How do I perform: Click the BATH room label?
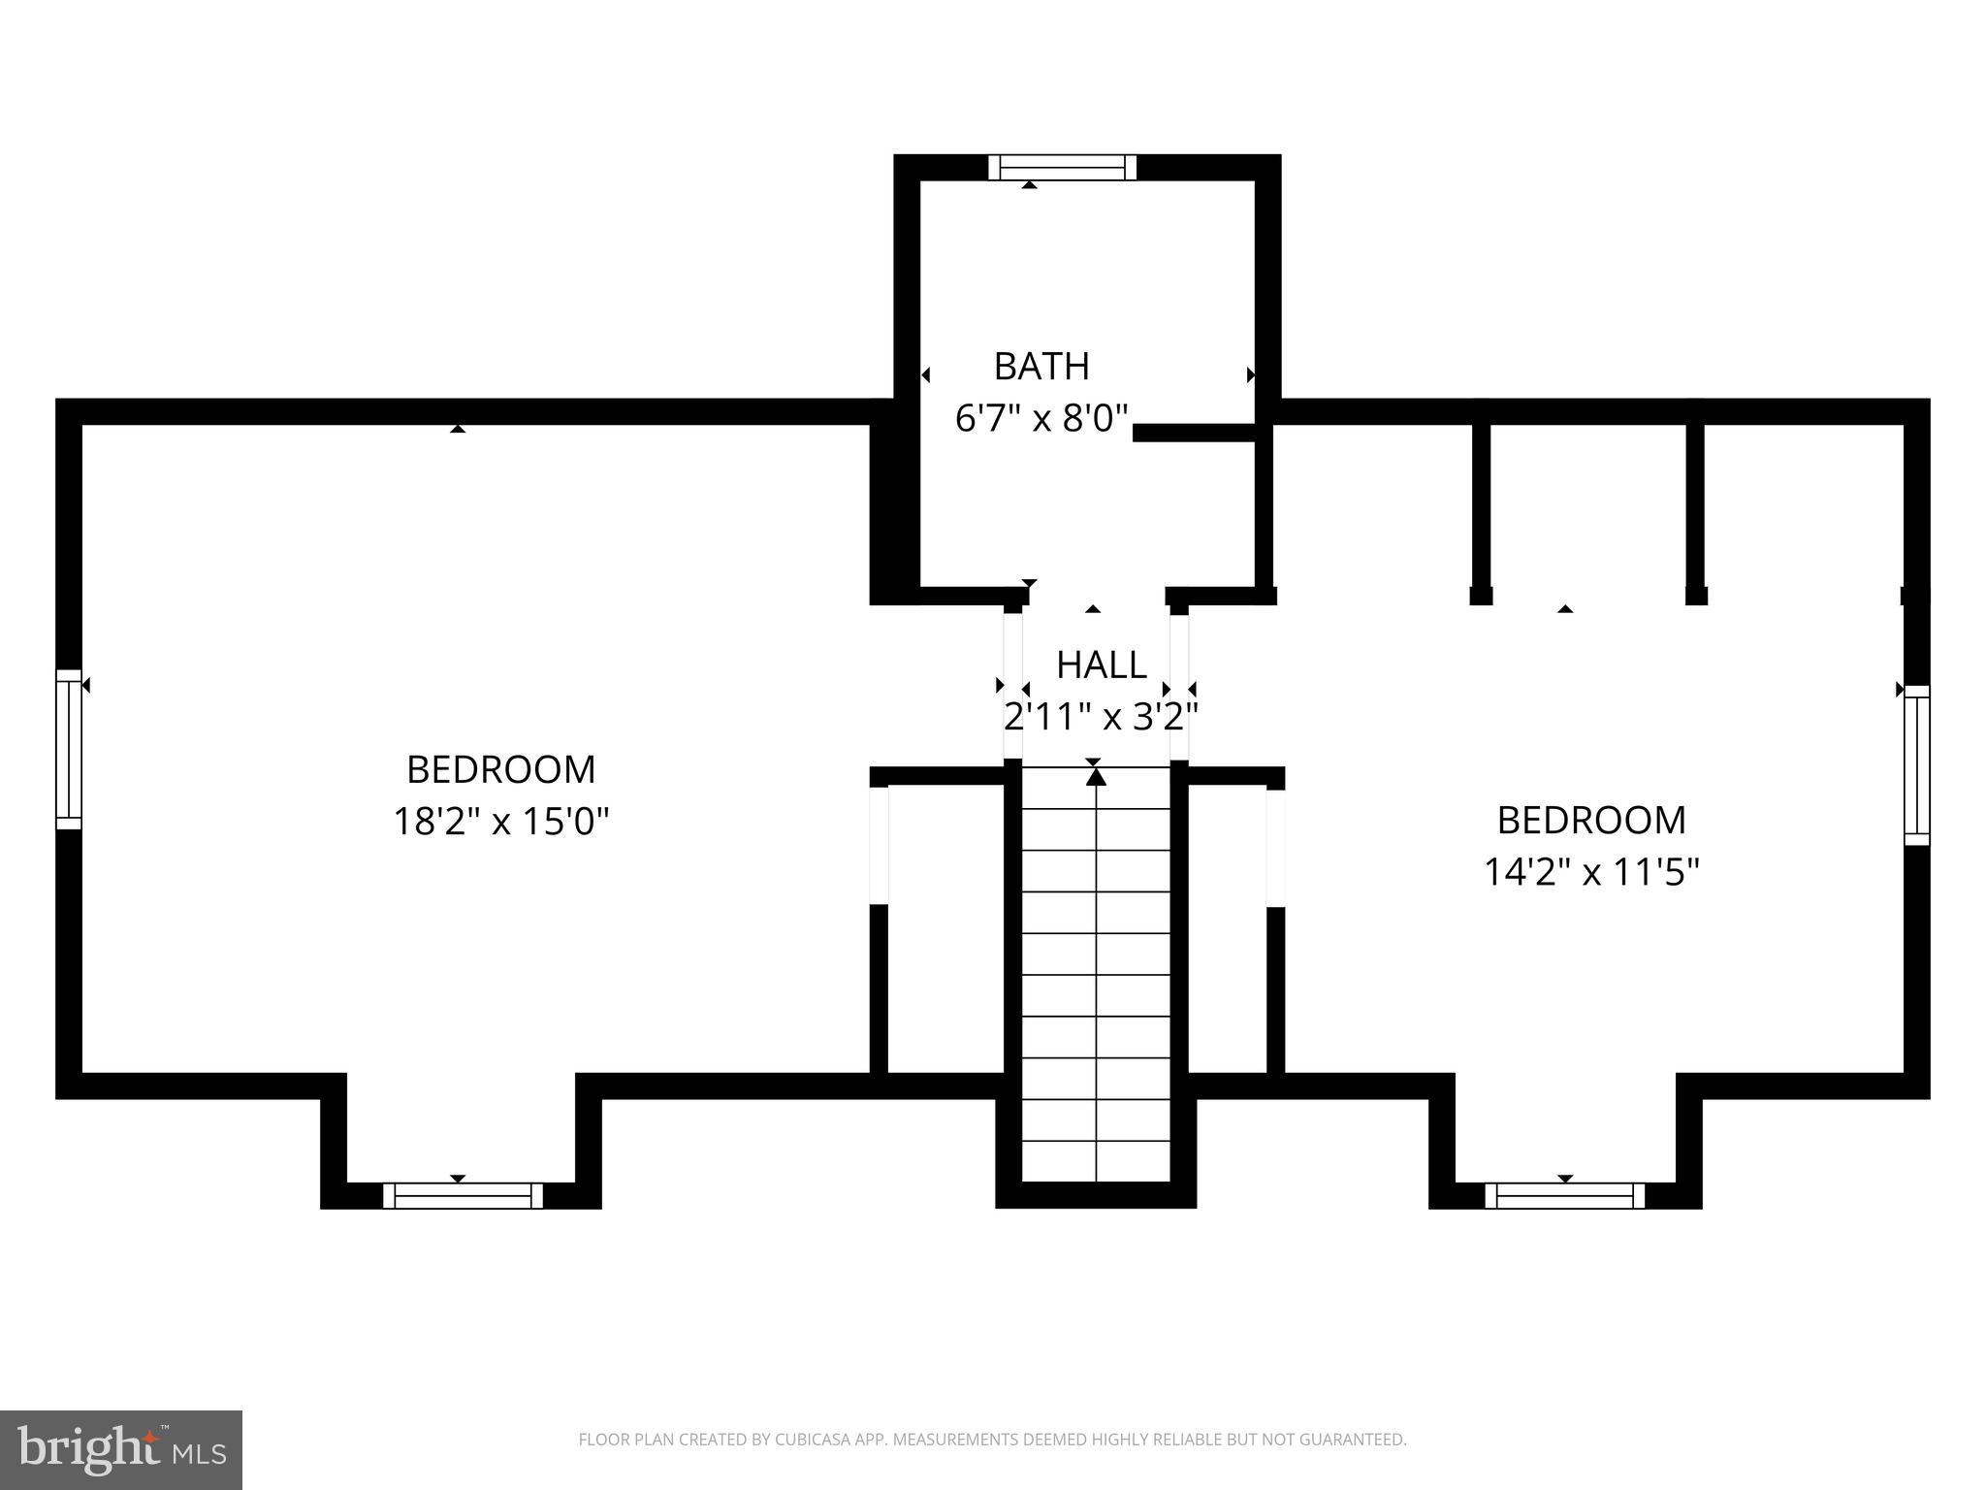pyautogui.click(x=1041, y=367)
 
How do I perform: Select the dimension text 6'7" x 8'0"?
pyautogui.click(x=1041, y=419)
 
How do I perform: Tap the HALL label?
pyautogui.click(x=1101, y=665)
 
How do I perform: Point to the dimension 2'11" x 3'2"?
pyautogui.click(x=1101, y=718)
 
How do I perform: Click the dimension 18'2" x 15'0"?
pyautogui.click(x=500, y=822)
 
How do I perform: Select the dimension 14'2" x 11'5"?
pyautogui.click(x=1591, y=872)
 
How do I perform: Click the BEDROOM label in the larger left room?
pyautogui.click(x=500, y=769)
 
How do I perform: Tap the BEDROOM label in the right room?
pyautogui.click(x=1591, y=821)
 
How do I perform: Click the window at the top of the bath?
pyautogui.click(x=1062, y=168)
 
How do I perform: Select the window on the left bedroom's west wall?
pyautogui.click(x=69, y=749)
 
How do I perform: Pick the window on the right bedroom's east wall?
pyautogui.click(x=1916, y=765)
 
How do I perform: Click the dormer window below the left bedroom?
pyautogui.click(x=463, y=1195)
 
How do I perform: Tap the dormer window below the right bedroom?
pyautogui.click(x=1564, y=1195)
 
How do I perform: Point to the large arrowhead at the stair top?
pyautogui.click(x=1096, y=776)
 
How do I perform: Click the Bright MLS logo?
pyautogui.click(x=120, y=1449)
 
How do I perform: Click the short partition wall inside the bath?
pyautogui.click(x=1195, y=433)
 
